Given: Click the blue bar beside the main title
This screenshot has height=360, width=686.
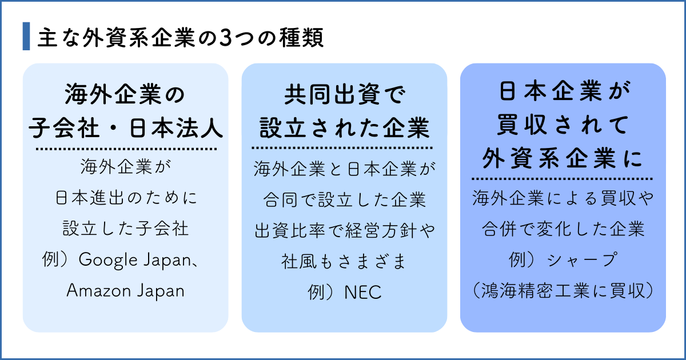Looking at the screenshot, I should pos(26,37).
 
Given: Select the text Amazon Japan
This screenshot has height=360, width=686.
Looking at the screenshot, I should pos(126,290).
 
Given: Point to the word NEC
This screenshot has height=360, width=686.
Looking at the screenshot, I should pos(362,293).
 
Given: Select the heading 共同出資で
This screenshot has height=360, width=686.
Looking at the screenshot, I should pos(344,94).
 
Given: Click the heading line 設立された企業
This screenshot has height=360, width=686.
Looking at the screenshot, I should pos(344,128).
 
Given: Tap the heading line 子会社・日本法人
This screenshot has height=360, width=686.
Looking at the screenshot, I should pos(126,128).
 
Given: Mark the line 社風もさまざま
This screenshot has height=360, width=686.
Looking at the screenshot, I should pos(344,262).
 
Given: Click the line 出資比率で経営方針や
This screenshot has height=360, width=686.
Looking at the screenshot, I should pos(344,231).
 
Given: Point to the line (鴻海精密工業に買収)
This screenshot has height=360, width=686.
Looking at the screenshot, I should pos(563,290).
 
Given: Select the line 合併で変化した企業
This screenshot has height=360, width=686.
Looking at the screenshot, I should pos(563,230).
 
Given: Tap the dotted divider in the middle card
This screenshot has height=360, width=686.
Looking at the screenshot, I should pos(344,149).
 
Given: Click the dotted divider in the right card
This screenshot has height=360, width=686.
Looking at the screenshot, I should pos(563,178).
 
